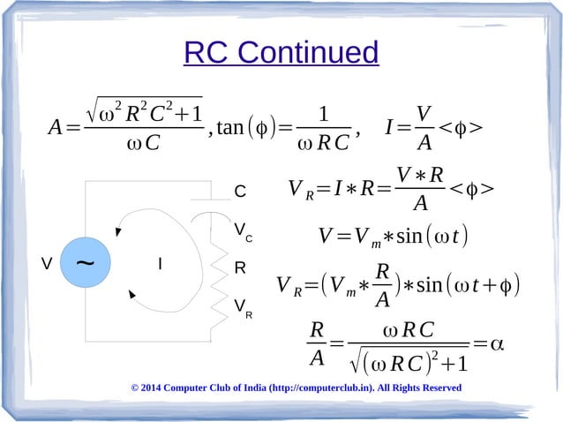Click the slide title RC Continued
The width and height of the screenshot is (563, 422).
click(x=281, y=53)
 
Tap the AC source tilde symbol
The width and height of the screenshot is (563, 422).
click(x=85, y=263)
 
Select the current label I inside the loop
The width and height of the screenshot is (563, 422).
click(x=159, y=264)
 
